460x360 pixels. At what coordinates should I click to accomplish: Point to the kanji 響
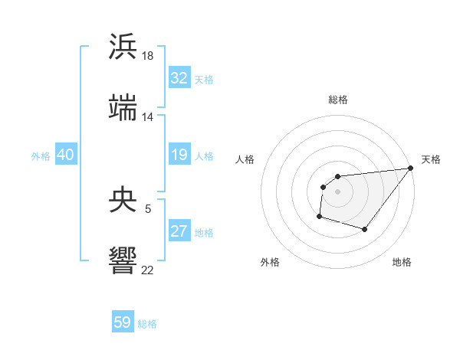[123, 260]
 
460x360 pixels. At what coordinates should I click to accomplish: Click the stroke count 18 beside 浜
[148, 56]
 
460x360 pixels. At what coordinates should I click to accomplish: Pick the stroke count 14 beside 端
[148, 117]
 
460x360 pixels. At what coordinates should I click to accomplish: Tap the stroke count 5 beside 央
[148, 208]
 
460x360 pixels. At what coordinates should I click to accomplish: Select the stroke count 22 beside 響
[148, 270]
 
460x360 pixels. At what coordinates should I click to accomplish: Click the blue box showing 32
[179, 78]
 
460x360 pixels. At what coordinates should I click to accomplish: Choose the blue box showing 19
[179, 155]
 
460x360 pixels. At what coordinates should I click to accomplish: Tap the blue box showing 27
[179, 231]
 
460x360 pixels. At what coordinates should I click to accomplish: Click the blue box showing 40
[65, 155]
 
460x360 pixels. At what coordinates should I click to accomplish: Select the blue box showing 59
[123, 322]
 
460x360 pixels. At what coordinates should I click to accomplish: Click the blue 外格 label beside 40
[41, 155]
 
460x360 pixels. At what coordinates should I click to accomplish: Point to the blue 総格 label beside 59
[147, 323]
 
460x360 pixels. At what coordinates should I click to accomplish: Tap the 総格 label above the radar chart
[338, 100]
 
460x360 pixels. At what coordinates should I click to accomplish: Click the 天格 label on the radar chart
[431, 159]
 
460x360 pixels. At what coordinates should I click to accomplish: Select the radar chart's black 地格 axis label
[402, 263]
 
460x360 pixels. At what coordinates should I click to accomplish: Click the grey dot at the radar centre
[337, 191]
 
